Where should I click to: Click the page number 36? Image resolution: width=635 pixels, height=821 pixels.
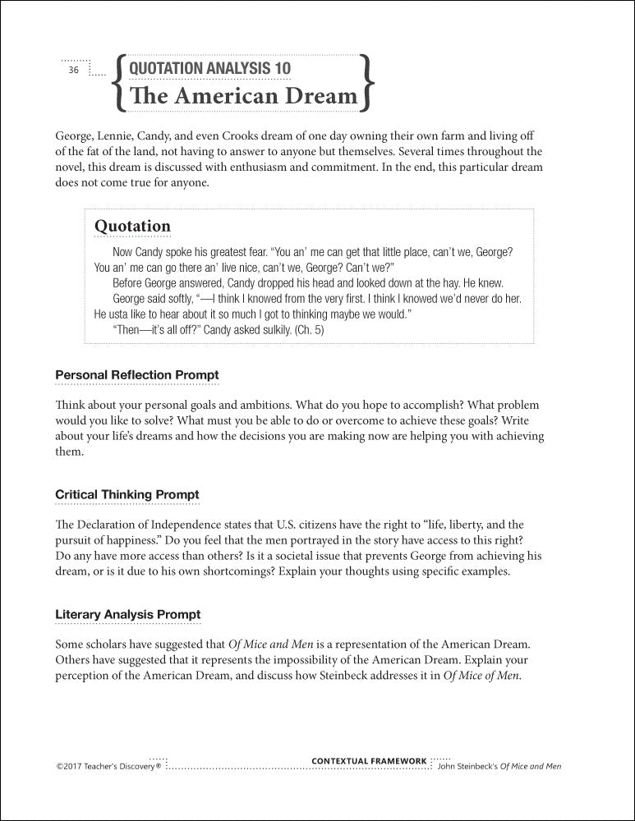tap(73, 71)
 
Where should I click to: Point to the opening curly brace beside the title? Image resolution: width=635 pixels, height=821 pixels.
tap(121, 83)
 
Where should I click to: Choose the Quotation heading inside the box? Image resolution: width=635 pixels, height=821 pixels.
tap(132, 226)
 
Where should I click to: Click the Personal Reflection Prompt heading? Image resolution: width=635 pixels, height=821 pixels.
tap(136, 375)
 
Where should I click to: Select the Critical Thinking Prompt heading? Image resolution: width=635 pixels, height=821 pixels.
tap(127, 495)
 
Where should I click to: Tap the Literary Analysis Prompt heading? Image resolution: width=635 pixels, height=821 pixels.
tap(127, 614)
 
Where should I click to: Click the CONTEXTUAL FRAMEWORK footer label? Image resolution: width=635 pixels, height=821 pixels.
tap(369, 761)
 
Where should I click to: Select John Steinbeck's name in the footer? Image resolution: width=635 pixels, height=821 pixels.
tap(469, 767)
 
